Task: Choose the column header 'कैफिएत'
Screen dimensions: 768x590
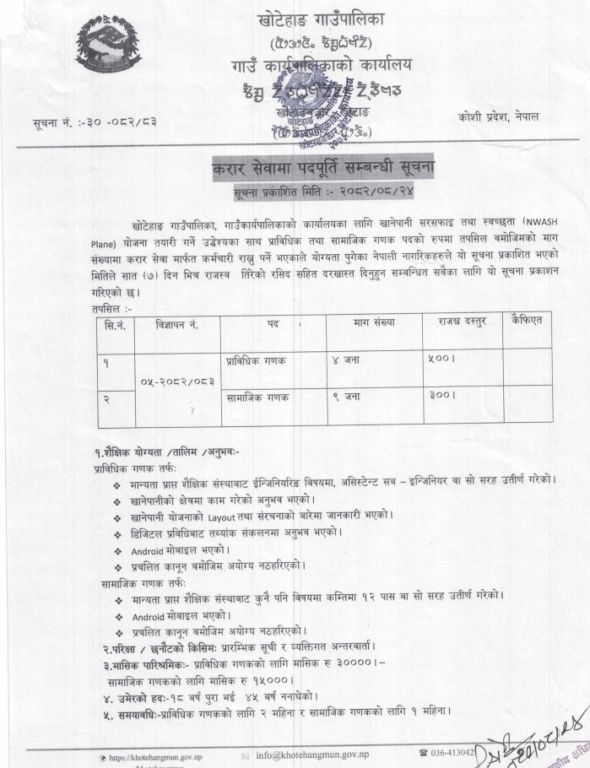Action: click(527, 322)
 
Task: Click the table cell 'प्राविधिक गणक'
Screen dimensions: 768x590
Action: click(256, 360)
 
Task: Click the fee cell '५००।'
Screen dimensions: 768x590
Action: click(442, 359)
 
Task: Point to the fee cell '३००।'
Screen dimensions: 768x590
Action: click(442, 394)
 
